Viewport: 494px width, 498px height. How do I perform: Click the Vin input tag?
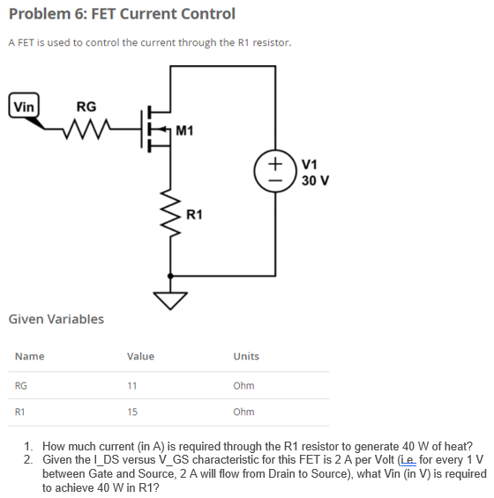click(24, 105)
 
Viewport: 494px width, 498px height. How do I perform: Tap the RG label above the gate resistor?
click(86, 107)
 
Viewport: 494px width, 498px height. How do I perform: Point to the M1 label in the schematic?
click(185, 131)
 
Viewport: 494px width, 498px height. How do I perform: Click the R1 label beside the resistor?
click(195, 214)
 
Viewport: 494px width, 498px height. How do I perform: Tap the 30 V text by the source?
click(315, 181)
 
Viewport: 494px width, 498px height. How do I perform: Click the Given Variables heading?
click(56, 319)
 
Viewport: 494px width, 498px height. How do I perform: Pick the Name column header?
click(29, 356)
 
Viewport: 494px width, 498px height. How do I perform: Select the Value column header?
click(140, 356)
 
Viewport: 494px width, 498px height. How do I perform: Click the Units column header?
click(246, 356)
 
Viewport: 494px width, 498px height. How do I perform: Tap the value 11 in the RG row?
click(132, 386)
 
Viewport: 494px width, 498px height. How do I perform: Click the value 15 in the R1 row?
click(132, 412)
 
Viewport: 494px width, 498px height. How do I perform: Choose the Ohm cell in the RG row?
click(243, 386)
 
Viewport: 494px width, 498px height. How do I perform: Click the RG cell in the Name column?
click(21, 386)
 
